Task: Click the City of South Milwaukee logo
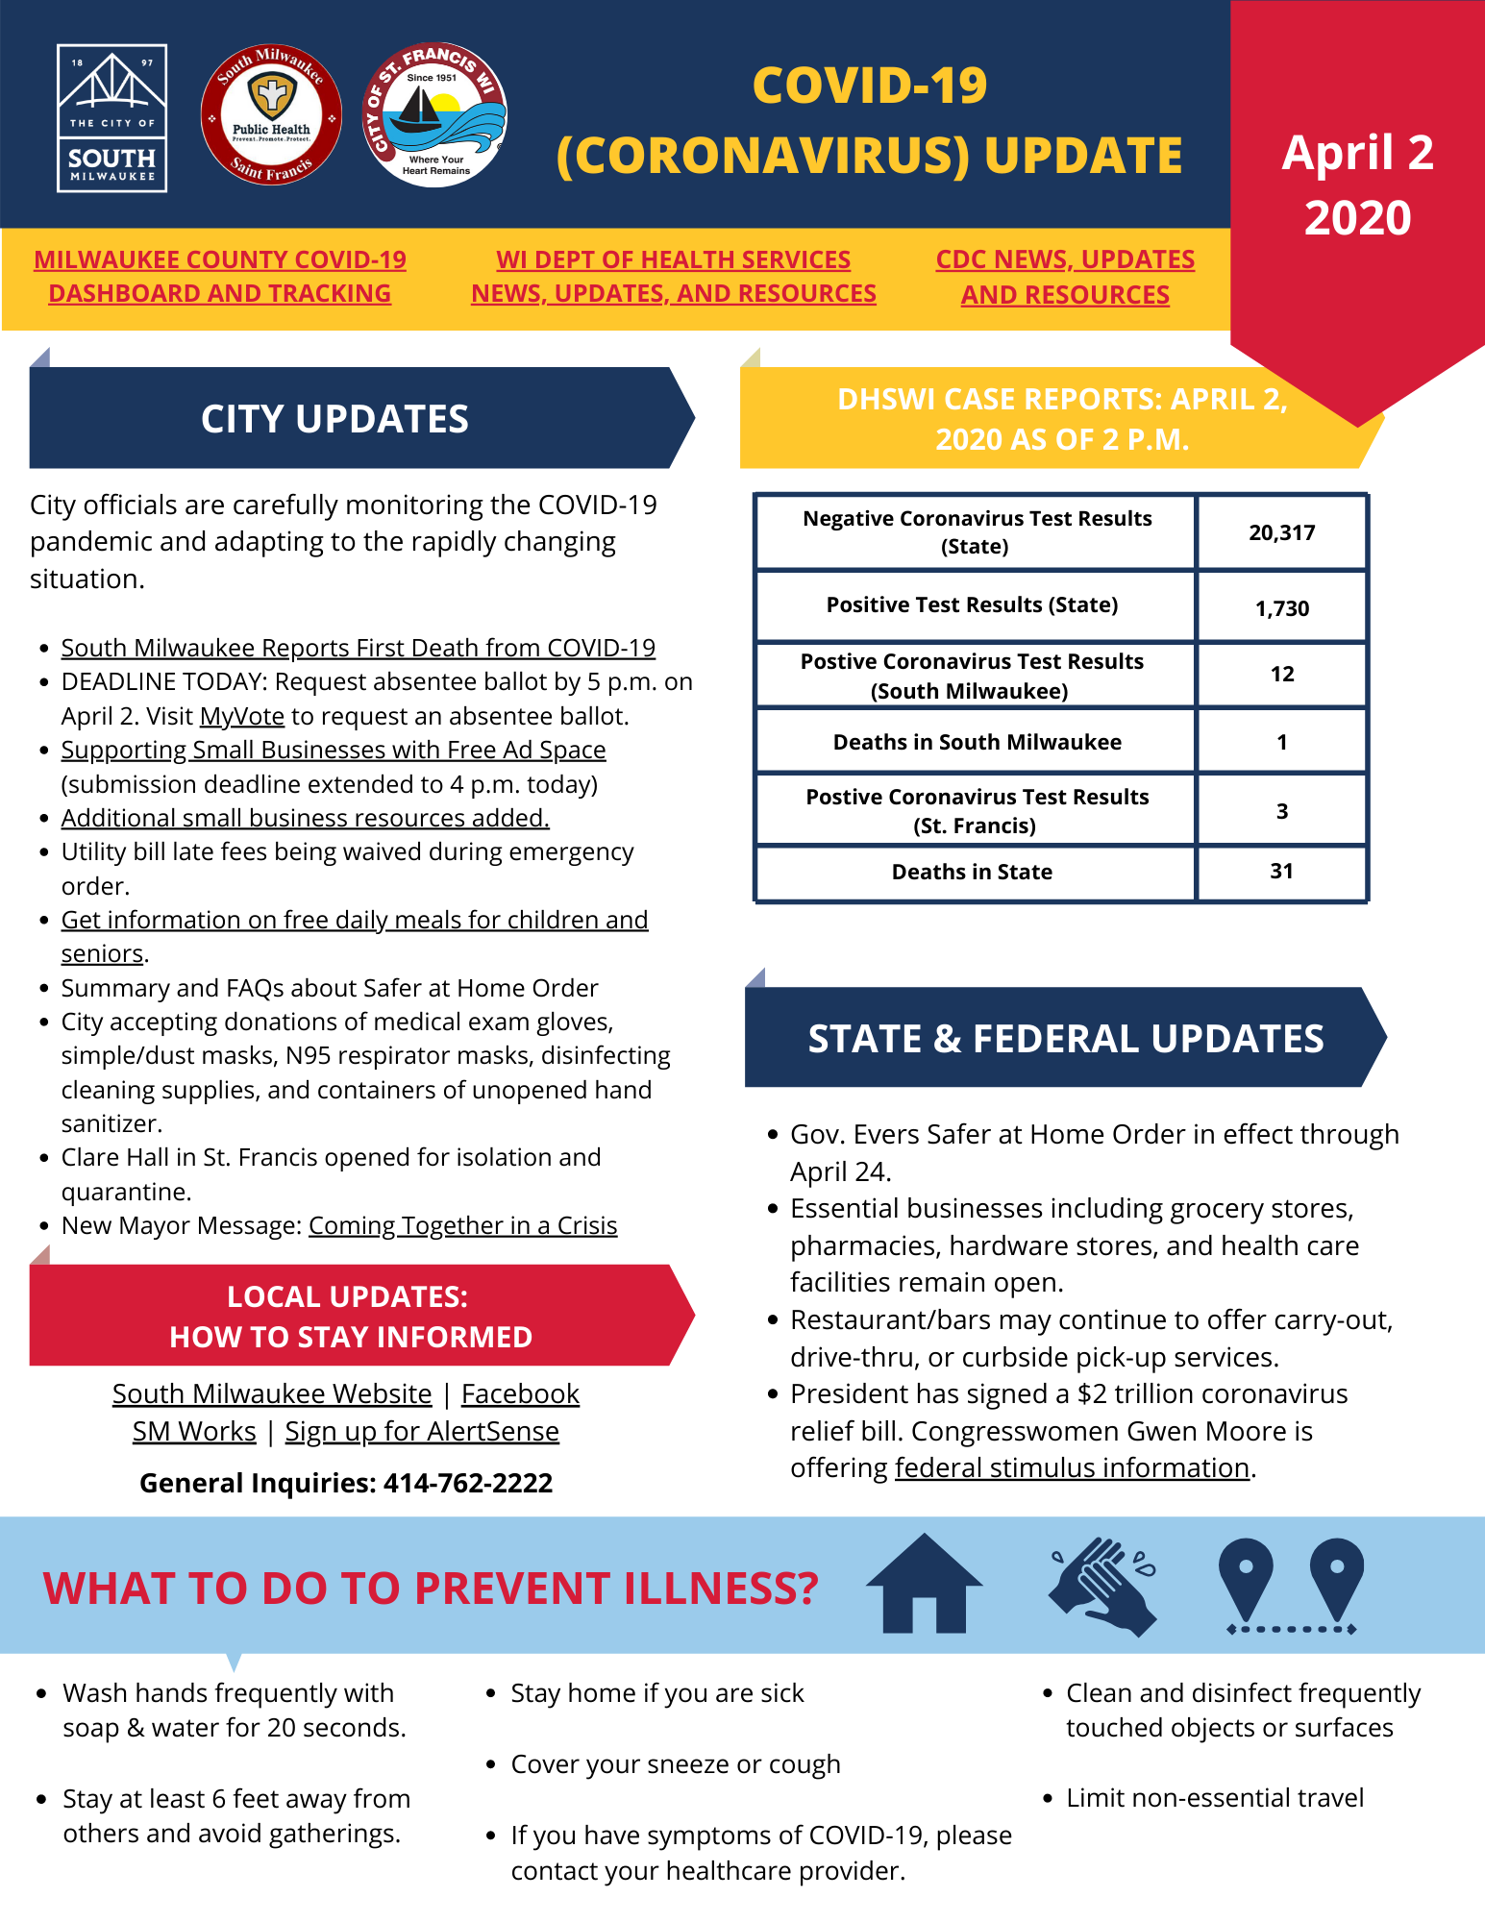coord(111,118)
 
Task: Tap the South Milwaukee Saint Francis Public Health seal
coord(271,114)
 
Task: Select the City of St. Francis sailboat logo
coord(434,114)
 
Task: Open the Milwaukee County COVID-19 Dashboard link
coord(220,276)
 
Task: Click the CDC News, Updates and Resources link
coord(1065,277)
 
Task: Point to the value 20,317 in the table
coord(1281,532)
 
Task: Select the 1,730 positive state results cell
coord(1281,608)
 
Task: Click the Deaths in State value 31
coord(1281,872)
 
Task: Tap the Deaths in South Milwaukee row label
coord(977,742)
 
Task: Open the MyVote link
coord(242,716)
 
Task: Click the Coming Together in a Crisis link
coord(462,1225)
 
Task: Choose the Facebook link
coord(520,1393)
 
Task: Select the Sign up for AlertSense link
coord(422,1431)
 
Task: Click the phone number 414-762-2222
coord(468,1483)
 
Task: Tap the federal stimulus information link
coord(1072,1467)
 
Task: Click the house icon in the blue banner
coord(924,1585)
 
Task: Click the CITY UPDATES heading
coord(334,419)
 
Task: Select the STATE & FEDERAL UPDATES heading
coord(1065,1039)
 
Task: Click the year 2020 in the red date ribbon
coord(1357,218)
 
